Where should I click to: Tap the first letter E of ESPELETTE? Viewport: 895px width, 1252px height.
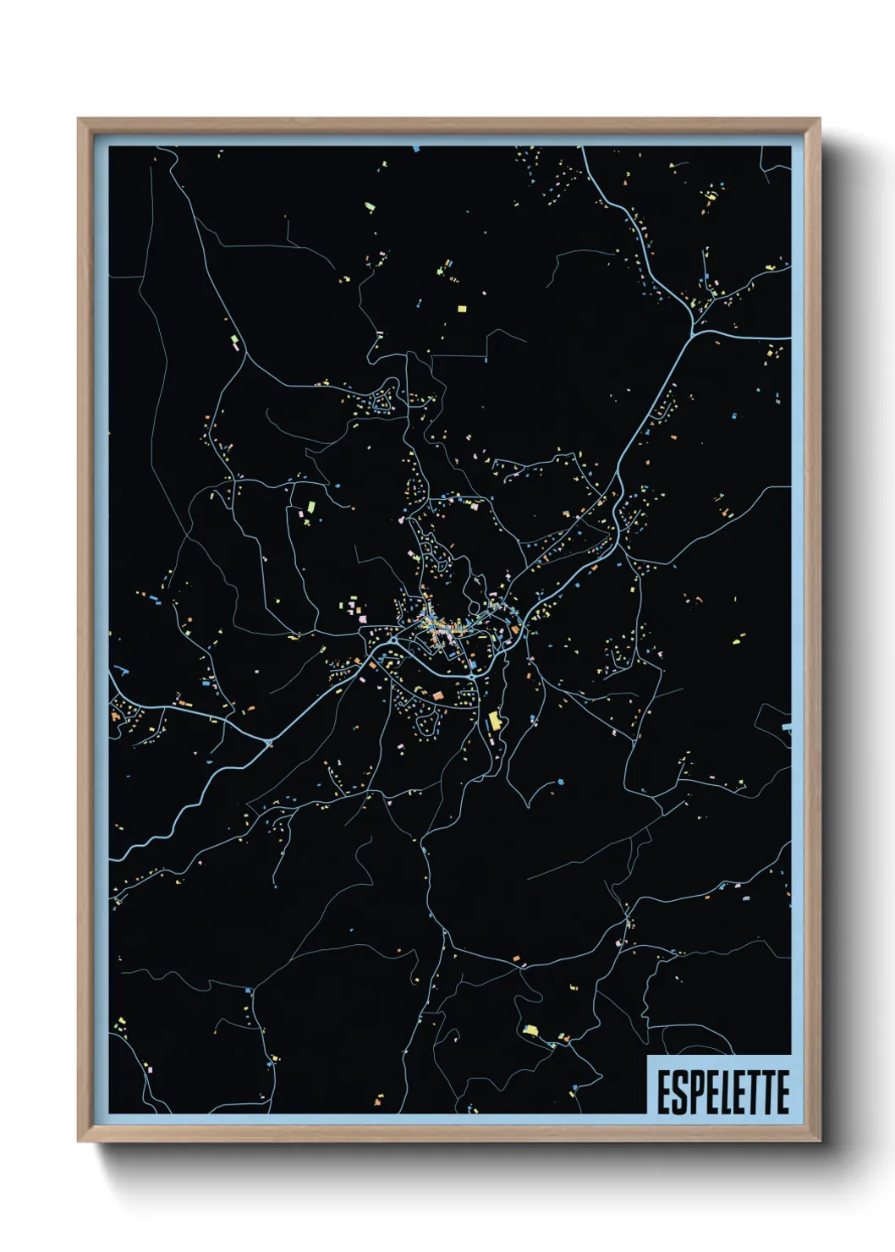(664, 1092)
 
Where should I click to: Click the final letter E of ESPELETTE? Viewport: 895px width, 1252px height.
(782, 1092)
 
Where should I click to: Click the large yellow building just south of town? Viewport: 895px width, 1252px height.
(495, 721)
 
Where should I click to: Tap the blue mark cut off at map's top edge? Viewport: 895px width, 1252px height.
(416, 149)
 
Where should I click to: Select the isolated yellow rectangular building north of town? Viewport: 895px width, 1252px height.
(462, 309)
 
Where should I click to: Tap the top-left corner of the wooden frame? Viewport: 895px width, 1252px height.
(79, 119)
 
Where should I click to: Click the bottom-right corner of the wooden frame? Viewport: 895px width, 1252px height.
(820, 1141)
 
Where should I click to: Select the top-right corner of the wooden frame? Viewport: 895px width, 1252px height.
(820, 119)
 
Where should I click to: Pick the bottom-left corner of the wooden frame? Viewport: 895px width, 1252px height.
(79, 1141)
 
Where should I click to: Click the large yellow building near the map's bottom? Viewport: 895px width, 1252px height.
(530, 1030)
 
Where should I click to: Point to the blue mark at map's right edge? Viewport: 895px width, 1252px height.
(787, 727)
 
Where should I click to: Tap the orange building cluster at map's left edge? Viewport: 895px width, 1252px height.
(115, 716)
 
